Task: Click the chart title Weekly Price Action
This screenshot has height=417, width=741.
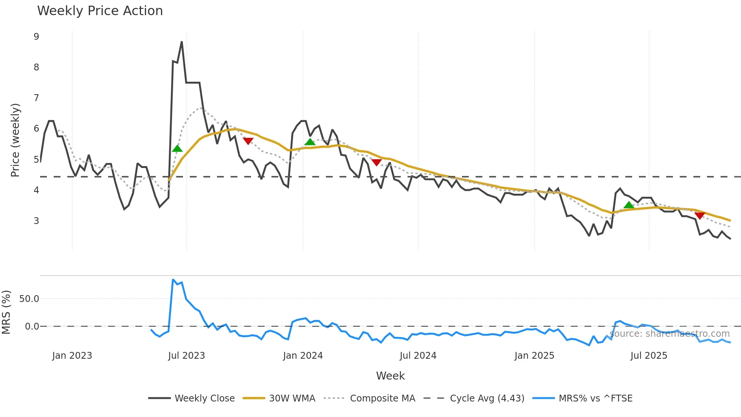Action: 100,11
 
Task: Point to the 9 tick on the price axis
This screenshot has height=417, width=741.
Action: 36,37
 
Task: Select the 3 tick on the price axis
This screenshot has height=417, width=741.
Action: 36,221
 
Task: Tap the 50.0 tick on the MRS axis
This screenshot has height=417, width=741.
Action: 29,299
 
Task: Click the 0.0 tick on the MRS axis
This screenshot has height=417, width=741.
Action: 32,327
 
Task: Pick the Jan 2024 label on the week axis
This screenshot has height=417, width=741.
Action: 303,356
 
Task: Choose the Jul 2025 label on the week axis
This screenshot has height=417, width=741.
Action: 649,356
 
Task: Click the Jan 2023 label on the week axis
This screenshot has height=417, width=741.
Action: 72,356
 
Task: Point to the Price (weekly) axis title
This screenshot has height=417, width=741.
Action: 15,140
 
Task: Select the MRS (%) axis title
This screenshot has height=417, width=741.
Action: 6,312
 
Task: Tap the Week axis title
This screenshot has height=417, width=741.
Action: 390,376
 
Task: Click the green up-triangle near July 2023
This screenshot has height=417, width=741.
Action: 177,148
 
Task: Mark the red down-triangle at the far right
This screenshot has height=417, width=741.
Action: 700,216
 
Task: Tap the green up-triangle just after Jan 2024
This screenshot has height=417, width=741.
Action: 310,142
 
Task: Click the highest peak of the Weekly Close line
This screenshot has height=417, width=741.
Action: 182,42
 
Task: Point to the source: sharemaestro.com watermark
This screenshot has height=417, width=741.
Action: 670,334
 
